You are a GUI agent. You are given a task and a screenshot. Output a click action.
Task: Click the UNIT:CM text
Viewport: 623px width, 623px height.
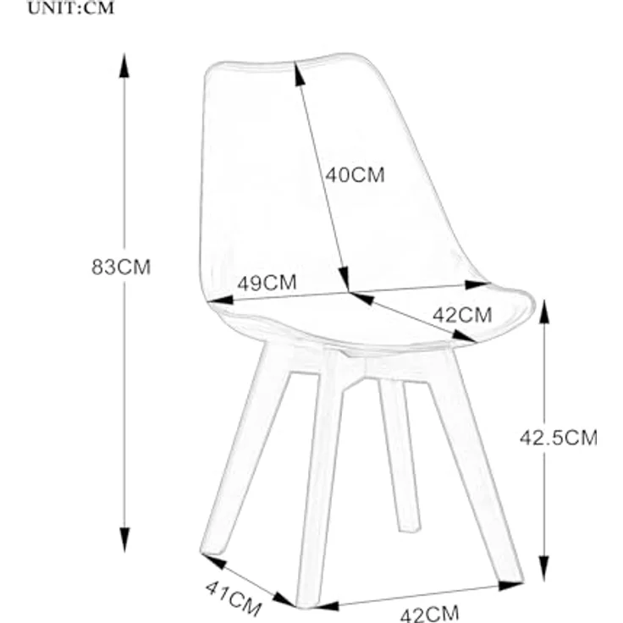coord(71,8)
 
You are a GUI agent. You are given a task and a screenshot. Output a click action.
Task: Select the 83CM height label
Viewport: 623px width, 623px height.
coord(121,267)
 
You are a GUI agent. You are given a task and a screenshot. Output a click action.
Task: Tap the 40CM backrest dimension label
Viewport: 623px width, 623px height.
coord(356,175)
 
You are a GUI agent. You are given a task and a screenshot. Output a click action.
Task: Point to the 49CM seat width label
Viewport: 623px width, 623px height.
coord(267,283)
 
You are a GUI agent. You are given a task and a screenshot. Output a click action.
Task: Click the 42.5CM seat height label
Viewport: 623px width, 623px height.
coord(559,438)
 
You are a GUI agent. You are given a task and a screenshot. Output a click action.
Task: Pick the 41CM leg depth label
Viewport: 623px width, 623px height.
coord(234,598)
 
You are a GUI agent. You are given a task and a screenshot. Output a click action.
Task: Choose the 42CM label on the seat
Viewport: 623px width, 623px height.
coord(462,316)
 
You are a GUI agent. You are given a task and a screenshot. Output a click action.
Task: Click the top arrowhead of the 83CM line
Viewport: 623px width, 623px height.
coord(124,66)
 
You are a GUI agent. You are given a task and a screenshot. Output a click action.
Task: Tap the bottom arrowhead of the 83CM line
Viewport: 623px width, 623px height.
coord(124,539)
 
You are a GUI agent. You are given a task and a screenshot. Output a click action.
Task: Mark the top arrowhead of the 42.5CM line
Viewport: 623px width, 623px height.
coord(545,311)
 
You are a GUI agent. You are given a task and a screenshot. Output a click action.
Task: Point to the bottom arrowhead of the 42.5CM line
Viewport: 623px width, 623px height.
coord(544,568)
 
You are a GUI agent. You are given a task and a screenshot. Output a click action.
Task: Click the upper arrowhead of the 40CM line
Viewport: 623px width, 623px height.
coord(299,73)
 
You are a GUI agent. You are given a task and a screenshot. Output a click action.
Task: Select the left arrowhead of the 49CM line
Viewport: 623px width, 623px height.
coord(221,300)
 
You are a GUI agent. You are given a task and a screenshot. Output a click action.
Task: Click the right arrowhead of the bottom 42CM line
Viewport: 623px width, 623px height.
coord(510,585)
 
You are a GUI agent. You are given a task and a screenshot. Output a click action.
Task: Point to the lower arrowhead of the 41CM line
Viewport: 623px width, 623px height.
coord(284,599)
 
